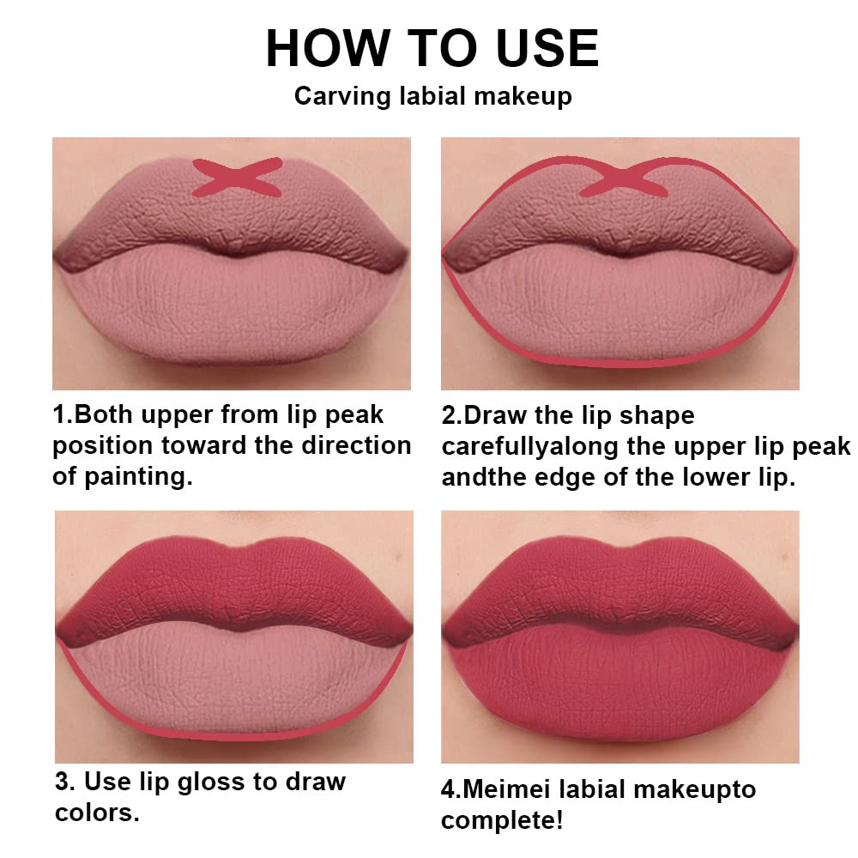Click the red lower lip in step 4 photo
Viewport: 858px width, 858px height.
click(620, 686)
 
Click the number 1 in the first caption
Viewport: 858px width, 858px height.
click(59, 415)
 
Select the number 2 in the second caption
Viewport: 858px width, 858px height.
click(449, 416)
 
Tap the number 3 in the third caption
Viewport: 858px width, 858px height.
click(62, 782)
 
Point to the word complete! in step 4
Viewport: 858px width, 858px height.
click(502, 820)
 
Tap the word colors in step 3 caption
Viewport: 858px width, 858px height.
click(96, 813)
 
